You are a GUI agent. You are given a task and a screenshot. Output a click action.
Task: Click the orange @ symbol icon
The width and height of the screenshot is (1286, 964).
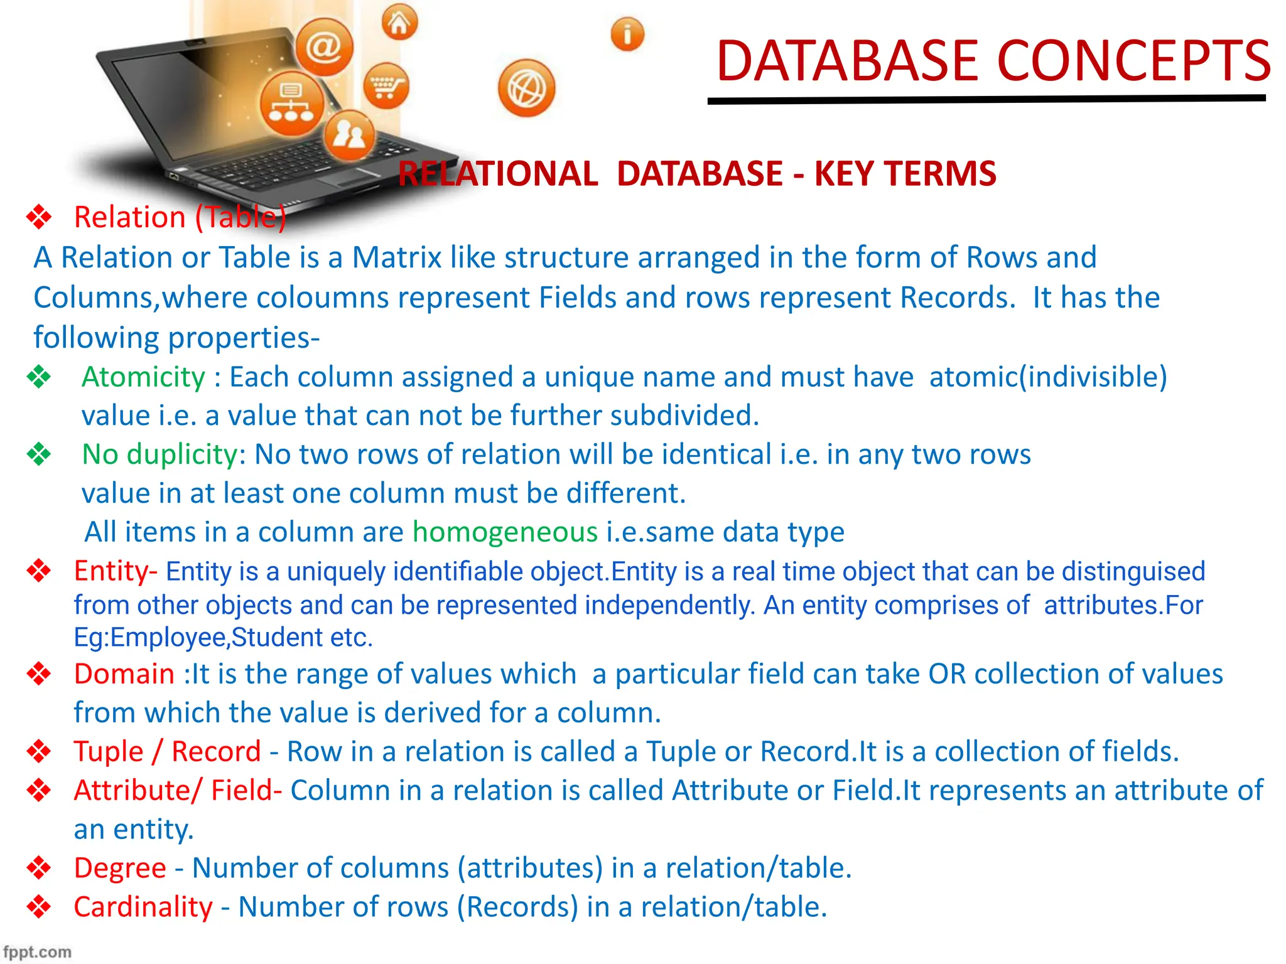tap(324, 47)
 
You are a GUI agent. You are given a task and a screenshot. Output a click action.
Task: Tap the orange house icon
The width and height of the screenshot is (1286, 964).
tap(399, 23)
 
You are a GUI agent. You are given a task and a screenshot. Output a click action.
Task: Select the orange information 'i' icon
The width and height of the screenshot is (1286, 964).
tap(627, 34)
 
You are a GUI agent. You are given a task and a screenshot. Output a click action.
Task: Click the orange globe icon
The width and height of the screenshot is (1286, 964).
tap(526, 88)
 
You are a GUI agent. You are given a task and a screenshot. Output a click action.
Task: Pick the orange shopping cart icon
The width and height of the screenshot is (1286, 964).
tap(386, 86)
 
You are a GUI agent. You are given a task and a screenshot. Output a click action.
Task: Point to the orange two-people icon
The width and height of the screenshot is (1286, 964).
tap(349, 136)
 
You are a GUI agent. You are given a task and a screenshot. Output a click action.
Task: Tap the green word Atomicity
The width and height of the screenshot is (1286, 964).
tap(143, 377)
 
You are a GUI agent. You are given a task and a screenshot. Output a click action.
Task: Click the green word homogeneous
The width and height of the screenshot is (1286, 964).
tap(505, 532)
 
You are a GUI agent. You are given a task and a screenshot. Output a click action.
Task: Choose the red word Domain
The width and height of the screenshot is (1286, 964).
tap(124, 674)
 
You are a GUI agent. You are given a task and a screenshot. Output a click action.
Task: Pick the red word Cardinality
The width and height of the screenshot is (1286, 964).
tap(143, 907)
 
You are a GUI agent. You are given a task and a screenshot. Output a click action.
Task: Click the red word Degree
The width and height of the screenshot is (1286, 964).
tap(120, 868)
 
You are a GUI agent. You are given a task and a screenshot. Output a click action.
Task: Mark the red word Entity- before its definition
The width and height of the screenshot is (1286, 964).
tap(115, 571)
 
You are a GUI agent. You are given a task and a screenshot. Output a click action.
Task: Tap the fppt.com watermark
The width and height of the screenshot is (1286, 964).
tap(36, 952)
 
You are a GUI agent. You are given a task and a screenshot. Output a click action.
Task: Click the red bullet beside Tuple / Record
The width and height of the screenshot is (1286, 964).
tap(39, 751)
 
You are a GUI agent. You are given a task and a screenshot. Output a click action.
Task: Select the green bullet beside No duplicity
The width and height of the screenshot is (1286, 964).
tap(39, 454)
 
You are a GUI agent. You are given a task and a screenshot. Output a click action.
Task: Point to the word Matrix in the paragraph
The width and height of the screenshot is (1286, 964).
tap(396, 258)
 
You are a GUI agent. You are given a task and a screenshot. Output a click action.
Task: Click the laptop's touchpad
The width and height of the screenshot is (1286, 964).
tap(349, 176)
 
